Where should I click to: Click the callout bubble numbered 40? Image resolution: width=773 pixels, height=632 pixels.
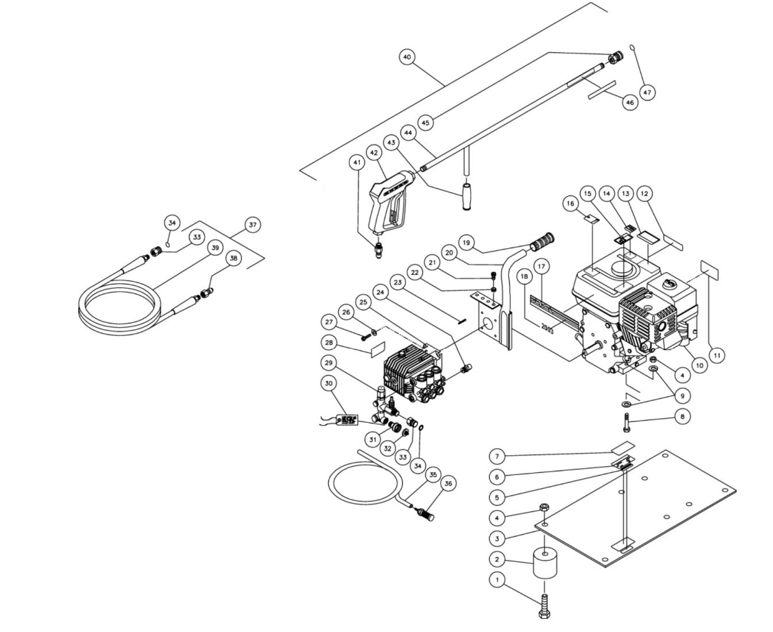[x=407, y=57]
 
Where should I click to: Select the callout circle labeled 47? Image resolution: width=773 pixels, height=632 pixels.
[x=647, y=92]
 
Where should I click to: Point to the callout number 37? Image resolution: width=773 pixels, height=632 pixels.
[x=252, y=225]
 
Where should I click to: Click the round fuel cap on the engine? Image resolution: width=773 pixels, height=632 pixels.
[x=670, y=283]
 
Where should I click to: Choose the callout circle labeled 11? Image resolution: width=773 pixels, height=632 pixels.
[x=716, y=356]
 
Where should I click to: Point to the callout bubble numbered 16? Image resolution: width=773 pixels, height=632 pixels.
[x=570, y=203]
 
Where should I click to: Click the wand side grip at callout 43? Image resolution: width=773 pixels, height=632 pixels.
[x=466, y=196]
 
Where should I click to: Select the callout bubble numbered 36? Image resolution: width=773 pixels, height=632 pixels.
[x=448, y=484]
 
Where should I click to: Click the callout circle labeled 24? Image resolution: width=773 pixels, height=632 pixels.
[x=379, y=292]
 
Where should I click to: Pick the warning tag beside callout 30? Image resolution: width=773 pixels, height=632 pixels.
[x=349, y=421]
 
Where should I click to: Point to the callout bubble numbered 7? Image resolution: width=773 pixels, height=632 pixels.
[x=497, y=457]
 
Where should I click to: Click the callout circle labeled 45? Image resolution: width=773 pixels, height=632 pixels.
[x=425, y=122]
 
